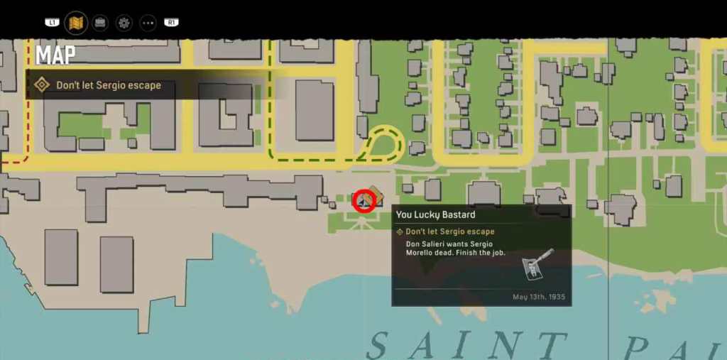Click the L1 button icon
(52, 23)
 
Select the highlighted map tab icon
(76, 23)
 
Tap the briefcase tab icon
(100, 23)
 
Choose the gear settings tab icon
(124, 23)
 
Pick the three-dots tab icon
(148, 23)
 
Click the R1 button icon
(171, 23)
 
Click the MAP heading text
(55, 55)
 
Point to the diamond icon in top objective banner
(42, 85)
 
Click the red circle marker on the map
(365, 200)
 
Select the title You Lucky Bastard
(435, 214)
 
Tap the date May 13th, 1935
(539, 297)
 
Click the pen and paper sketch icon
(537, 263)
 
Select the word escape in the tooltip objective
(479, 231)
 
